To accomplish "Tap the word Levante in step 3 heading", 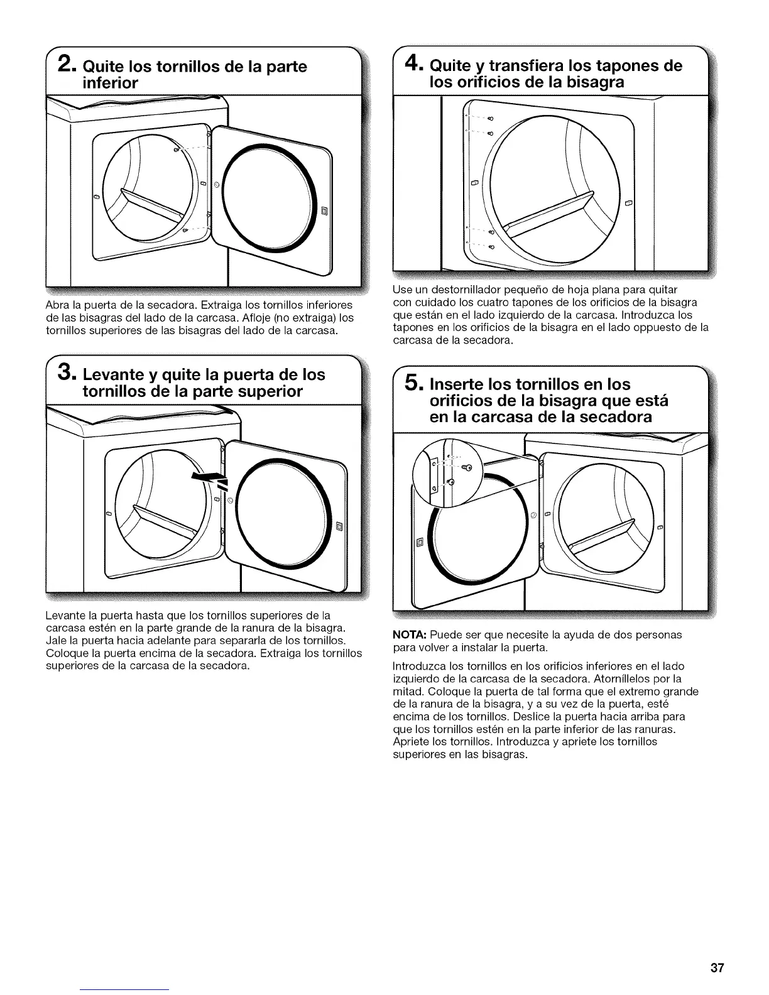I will click(x=116, y=375).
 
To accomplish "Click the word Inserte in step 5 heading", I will click(x=462, y=384).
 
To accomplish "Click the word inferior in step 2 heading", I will click(x=111, y=83).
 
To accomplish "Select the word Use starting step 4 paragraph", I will click(x=401, y=290).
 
